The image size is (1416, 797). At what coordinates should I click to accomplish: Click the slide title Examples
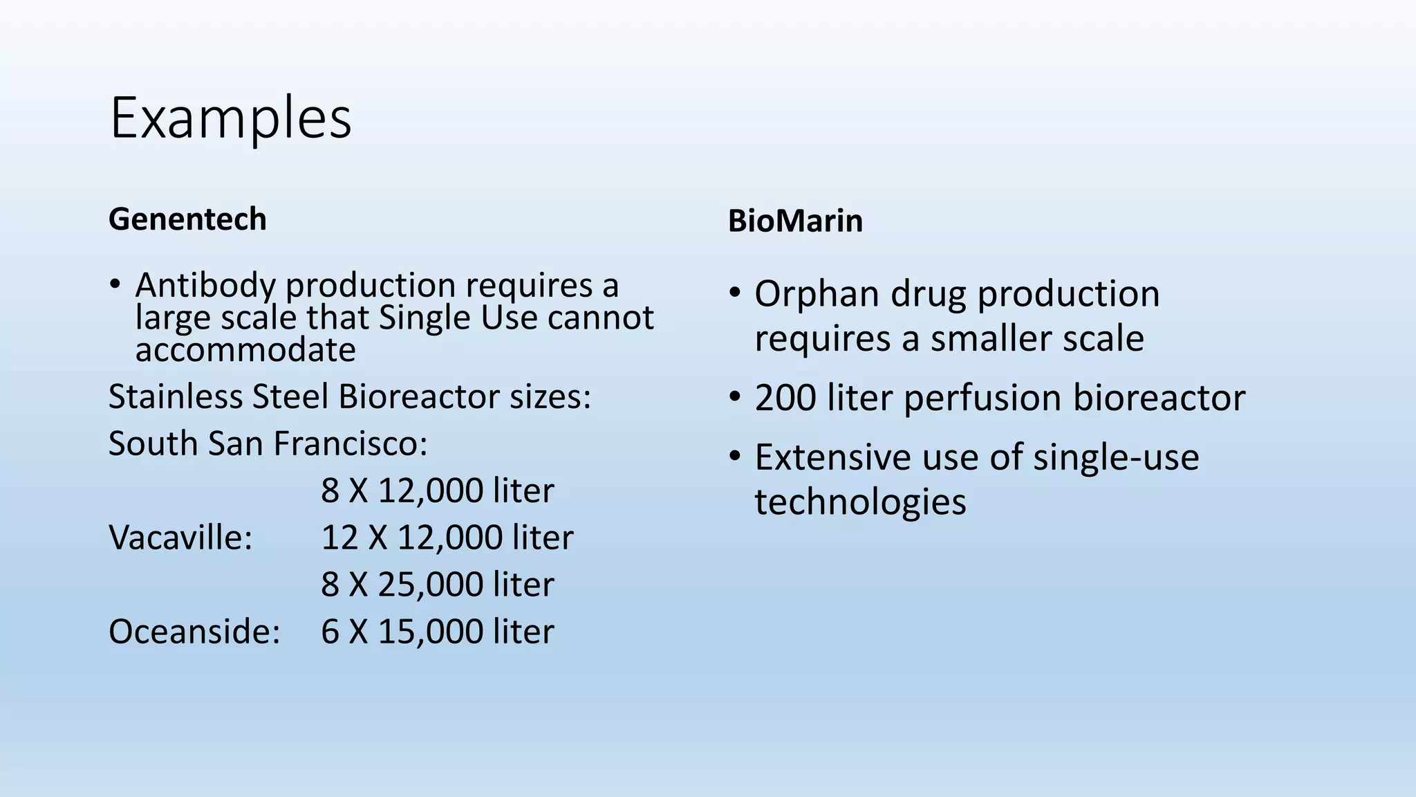230,118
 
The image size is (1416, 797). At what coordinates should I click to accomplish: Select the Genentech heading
187,219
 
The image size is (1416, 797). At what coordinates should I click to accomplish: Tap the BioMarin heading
795,221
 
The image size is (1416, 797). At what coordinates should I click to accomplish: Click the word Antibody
205,285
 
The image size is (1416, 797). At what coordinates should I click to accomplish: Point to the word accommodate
245,350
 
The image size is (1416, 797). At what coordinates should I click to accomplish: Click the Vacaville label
180,538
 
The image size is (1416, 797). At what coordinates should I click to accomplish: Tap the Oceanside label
194,632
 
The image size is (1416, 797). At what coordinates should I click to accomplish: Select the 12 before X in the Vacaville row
339,538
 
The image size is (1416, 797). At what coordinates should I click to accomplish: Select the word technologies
860,502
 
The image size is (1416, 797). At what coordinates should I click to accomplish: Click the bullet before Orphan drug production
735,293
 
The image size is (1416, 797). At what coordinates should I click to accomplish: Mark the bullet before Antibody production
115,284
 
